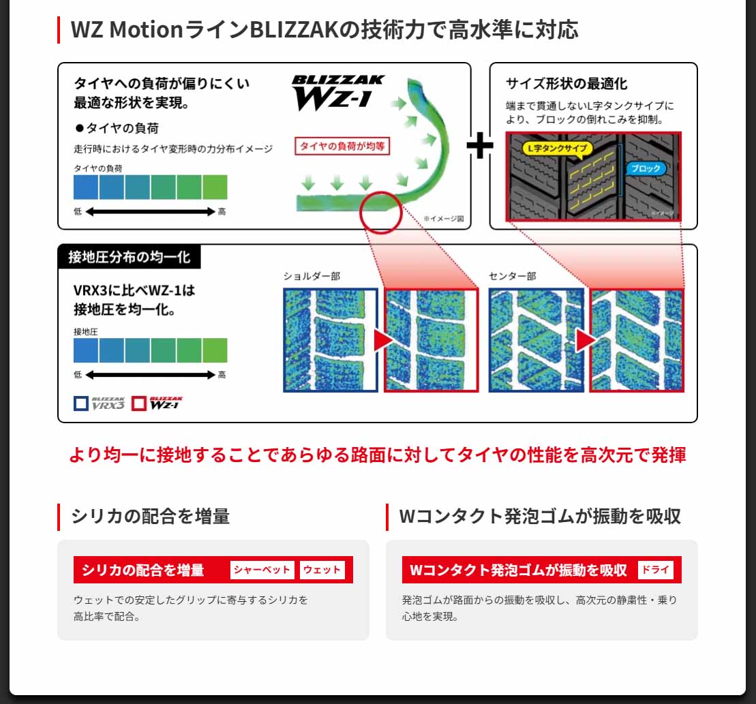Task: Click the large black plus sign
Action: tap(480, 146)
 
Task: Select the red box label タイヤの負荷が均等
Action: tap(342, 146)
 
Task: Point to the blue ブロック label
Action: tap(645, 168)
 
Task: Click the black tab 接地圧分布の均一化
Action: tap(129, 257)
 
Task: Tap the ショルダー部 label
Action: tap(312, 276)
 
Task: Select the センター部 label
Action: tap(512, 276)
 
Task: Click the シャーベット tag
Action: tap(262, 570)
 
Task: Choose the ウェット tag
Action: tap(322, 570)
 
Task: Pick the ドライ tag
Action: tap(656, 570)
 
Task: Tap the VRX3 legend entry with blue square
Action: tap(100, 403)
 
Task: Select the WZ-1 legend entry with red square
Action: tap(157, 403)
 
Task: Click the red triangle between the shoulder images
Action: tap(382, 341)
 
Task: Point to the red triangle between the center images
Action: tap(586, 341)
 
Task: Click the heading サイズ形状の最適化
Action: tap(566, 84)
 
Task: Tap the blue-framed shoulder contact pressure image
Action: tap(331, 340)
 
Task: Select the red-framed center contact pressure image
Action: tap(637, 340)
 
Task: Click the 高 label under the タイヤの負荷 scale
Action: tap(222, 212)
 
